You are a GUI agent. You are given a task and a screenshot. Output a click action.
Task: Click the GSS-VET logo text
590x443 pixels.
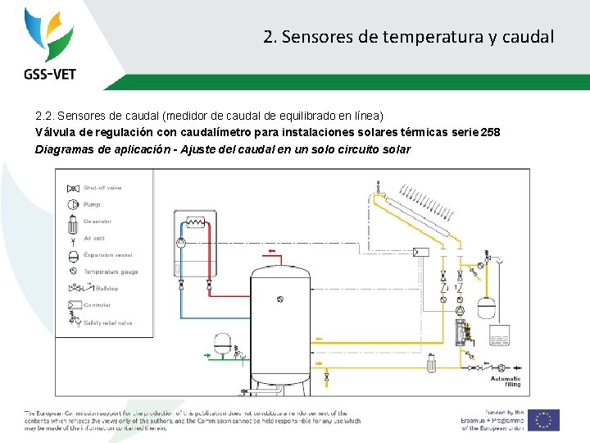pos(49,74)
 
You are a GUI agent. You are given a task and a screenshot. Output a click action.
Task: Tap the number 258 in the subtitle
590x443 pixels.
pos(490,133)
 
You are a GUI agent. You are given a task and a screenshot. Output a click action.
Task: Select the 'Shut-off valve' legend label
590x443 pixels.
pos(102,188)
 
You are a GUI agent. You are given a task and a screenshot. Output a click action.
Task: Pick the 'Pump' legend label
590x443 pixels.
pos(92,204)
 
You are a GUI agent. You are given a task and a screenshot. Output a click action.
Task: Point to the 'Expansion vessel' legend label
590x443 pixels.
pos(107,254)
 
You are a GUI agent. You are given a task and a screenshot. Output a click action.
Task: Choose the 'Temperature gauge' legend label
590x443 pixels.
pos(111,272)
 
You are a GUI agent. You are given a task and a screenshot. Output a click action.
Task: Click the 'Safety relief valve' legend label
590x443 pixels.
pos(107,322)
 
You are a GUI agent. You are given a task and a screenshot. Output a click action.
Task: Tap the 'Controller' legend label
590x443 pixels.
pos(97,305)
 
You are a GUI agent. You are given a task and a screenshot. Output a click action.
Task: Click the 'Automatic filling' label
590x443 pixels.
pos(506,381)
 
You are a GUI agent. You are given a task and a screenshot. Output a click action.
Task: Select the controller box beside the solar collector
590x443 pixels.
pos(421,251)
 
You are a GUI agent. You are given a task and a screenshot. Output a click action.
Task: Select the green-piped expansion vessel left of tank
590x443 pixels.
pos(220,342)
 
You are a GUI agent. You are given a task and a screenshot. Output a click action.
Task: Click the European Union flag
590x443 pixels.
pos(543,419)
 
